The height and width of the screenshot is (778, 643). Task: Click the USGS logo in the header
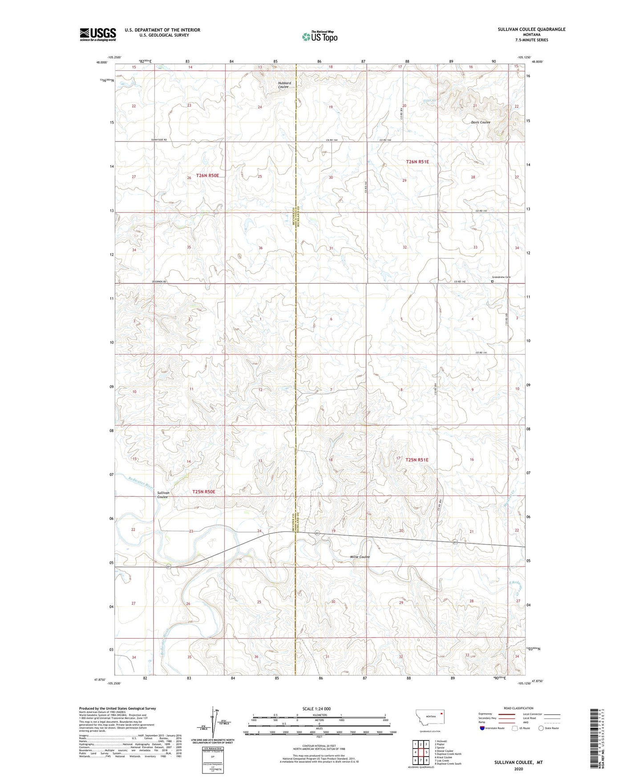97,34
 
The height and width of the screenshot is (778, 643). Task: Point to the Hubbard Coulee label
284,85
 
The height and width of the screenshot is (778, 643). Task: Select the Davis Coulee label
481,122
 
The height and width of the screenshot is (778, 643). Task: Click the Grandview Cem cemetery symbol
492,281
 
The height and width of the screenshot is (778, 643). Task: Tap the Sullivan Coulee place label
162,495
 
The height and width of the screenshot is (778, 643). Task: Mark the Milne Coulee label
360,557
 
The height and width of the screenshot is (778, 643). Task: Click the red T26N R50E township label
208,176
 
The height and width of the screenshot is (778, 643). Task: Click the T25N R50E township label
204,492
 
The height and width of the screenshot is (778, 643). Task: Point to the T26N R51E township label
417,162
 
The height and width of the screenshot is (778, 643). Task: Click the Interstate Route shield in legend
483,728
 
